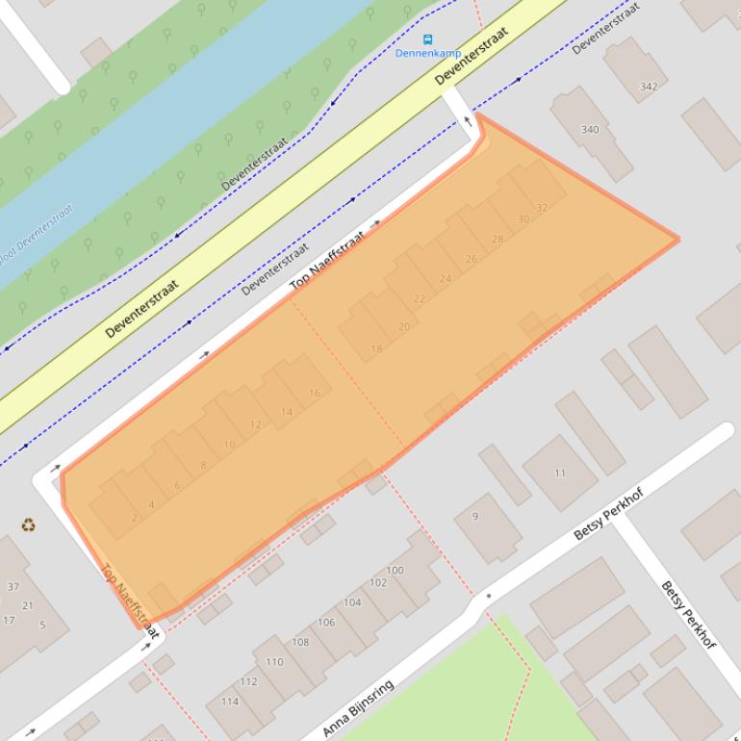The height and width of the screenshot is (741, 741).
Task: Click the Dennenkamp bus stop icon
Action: click(428, 40)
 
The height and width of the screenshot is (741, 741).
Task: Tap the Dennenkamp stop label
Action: click(428, 54)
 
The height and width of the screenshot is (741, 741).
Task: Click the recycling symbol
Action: click(29, 525)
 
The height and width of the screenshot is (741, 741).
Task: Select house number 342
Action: click(649, 87)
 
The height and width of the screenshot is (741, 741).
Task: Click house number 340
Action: click(590, 130)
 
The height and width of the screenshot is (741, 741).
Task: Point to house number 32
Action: click(542, 208)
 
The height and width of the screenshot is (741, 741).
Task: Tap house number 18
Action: click(376, 348)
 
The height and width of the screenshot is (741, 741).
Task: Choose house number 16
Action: click(314, 394)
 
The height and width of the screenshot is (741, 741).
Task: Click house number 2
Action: click(134, 518)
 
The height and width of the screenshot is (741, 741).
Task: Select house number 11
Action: click(560, 473)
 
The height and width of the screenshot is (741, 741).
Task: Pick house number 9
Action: click(474, 517)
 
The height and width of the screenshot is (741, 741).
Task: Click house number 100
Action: click(395, 571)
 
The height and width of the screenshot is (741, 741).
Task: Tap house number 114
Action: click(230, 702)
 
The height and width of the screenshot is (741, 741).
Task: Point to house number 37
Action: click(13, 587)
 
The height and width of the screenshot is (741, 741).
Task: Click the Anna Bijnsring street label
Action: click(358, 709)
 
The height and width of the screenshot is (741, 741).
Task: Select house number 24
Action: click(445, 279)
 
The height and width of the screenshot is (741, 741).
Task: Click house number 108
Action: click(300, 642)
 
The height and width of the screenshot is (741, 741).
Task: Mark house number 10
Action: click(229, 445)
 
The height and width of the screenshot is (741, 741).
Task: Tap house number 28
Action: click(498, 240)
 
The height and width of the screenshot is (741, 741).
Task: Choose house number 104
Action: click(352, 602)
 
